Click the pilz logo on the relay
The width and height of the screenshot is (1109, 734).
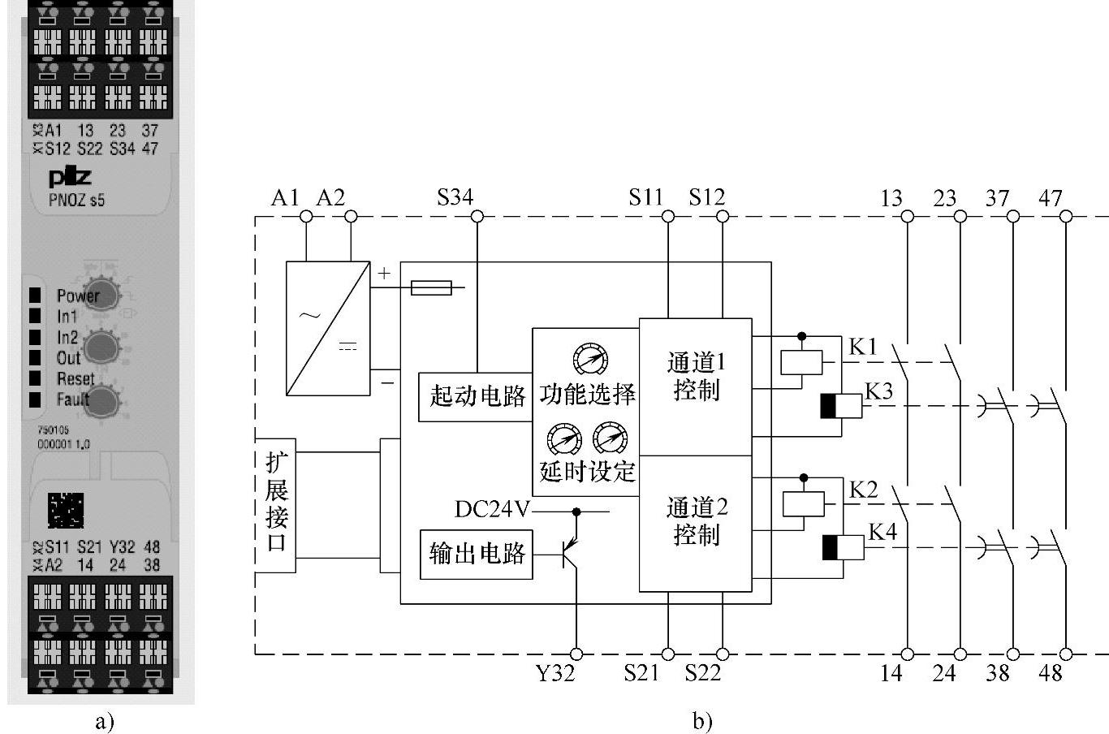pyautogui.click(x=70, y=178)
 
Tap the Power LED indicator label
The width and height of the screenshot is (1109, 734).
pyautogui.click(x=78, y=296)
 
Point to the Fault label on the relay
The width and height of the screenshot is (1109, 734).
pyautogui.click(x=73, y=399)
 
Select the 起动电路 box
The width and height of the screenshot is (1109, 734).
pyautogui.click(x=476, y=397)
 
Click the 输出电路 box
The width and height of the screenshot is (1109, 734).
pyautogui.click(x=476, y=555)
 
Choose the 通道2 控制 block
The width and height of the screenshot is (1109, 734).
pyautogui.click(x=695, y=522)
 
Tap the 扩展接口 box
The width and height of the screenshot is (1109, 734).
pyautogui.click(x=275, y=505)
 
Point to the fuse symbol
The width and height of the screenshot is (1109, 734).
pyautogui.click(x=431, y=287)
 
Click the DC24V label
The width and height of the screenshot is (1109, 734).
pyautogui.click(x=492, y=510)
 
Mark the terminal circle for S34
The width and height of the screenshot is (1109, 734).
pyautogui.click(x=477, y=216)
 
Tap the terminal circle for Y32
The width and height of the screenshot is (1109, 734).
pyautogui.click(x=576, y=654)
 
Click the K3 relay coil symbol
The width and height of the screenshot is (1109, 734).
pyautogui.click(x=840, y=406)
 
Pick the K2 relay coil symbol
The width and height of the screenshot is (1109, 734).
pyautogui.click(x=802, y=504)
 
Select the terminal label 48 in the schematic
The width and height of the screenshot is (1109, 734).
pyautogui.click(x=1051, y=673)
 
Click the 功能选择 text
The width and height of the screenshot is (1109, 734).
pyautogui.click(x=587, y=395)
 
